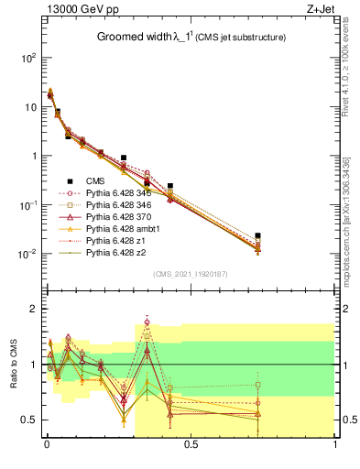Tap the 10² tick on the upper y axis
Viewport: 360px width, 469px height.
29,58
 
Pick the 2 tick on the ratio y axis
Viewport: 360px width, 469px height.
34,310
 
